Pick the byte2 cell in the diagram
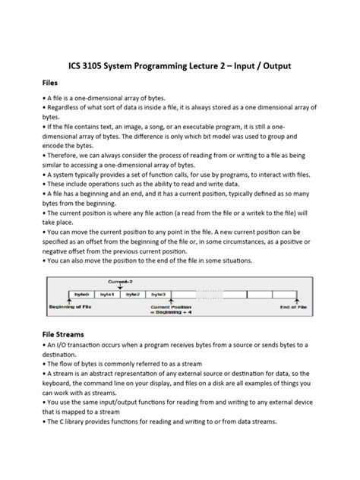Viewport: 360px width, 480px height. (133, 293)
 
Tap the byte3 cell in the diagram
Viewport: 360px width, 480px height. (158, 293)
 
